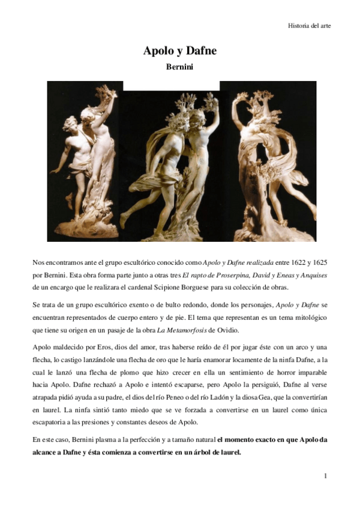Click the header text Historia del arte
309,26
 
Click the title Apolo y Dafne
179,51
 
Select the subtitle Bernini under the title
179,67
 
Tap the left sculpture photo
85,161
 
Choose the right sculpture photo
265,161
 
